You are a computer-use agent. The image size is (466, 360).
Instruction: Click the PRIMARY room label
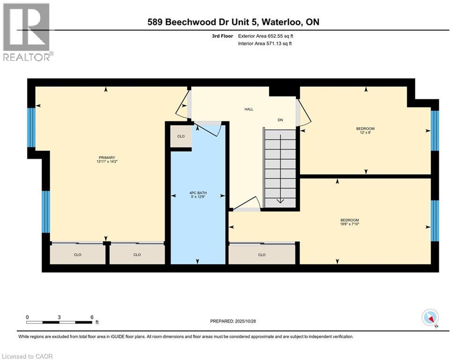(107, 157)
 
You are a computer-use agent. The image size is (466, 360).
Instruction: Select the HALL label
(249, 109)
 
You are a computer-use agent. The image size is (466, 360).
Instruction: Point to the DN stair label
(280, 120)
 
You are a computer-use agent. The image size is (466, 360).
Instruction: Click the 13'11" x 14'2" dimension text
(107, 162)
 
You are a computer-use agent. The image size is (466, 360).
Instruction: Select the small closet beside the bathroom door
(181, 136)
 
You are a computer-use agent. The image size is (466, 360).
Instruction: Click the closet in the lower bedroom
(262, 255)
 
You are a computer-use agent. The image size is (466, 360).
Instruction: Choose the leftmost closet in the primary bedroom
(78, 255)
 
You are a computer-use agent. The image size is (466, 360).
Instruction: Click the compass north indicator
(429, 318)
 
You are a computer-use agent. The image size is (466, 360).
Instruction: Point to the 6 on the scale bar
(92, 317)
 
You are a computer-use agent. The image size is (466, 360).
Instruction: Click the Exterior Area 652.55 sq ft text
(266, 36)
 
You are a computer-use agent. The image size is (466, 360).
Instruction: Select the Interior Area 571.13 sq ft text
(266, 44)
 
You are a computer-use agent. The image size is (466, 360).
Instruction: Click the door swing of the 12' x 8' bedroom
(303, 114)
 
